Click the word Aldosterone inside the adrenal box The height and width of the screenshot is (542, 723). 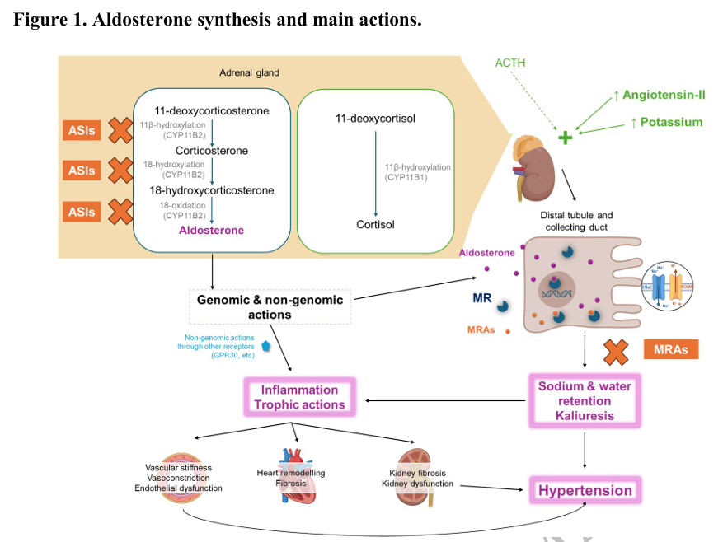click(x=212, y=231)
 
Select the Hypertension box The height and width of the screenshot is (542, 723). click(x=585, y=491)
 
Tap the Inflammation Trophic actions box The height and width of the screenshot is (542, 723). click(x=299, y=397)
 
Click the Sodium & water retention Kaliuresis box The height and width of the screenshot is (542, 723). click(x=585, y=401)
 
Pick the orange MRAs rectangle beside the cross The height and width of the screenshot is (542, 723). click(x=670, y=350)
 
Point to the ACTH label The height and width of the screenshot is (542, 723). click(x=509, y=63)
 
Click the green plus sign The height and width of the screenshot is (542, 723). click(x=565, y=138)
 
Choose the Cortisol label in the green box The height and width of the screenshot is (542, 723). click(x=375, y=224)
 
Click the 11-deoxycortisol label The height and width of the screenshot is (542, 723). click(x=375, y=119)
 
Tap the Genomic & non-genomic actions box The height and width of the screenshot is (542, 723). click(x=270, y=306)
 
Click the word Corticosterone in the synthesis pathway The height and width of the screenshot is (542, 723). click(x=212, y=151)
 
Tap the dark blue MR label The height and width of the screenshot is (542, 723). click(x=481, y=300)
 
